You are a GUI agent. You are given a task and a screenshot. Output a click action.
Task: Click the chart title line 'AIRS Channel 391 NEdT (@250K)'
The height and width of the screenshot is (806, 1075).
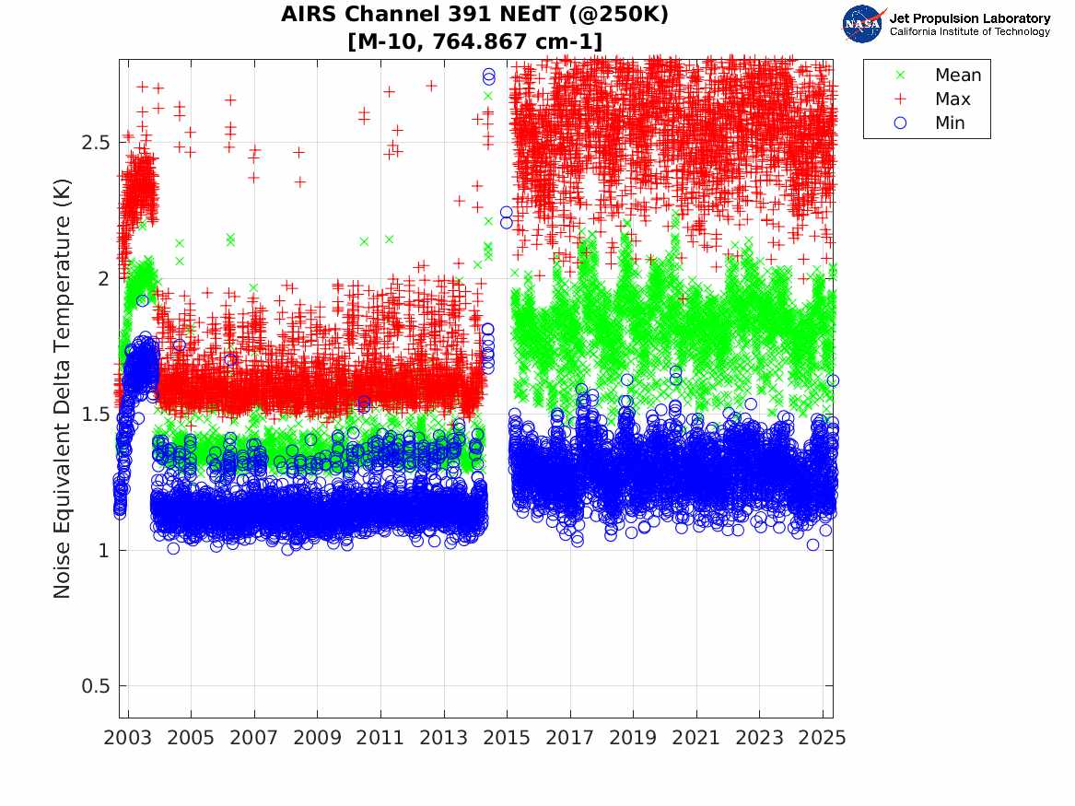(x=475, y=15)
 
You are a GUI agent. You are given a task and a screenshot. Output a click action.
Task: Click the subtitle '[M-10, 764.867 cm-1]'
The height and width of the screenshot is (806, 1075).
(x=475, y=41)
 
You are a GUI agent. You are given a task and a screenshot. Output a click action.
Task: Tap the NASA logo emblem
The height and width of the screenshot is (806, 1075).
(x=863, y=24)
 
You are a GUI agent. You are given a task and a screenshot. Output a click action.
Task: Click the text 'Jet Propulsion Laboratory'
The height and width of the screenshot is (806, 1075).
(x=970, y=18)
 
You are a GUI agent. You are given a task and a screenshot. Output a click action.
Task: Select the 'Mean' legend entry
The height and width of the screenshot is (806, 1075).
(x=958, y=76)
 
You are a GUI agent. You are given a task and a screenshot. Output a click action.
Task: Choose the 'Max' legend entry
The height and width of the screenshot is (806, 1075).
(x=952, y=99)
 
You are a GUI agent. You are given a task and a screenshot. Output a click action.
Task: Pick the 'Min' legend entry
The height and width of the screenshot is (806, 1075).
(x=950, y=123)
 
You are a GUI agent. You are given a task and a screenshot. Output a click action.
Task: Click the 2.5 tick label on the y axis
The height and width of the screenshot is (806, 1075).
(x=92, y=142)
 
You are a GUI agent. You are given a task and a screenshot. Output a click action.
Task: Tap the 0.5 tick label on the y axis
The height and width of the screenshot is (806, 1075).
(x=92, y=686)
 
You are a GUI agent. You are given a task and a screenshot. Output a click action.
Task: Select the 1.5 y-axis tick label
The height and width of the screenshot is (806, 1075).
(x=92, y=415)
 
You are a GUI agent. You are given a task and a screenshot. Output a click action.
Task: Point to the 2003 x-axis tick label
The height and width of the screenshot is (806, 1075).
(x=128, y=738)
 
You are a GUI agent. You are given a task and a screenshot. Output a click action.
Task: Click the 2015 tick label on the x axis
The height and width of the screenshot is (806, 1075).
(x=507, y=738)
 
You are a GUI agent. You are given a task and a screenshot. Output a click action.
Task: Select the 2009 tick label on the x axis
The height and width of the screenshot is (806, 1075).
(x=318, y=738)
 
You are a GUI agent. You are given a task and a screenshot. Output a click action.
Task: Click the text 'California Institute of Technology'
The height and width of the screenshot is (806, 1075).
(x=970, y=32)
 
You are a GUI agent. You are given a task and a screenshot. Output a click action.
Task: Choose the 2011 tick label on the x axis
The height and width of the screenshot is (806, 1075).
(x=380, y=738)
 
